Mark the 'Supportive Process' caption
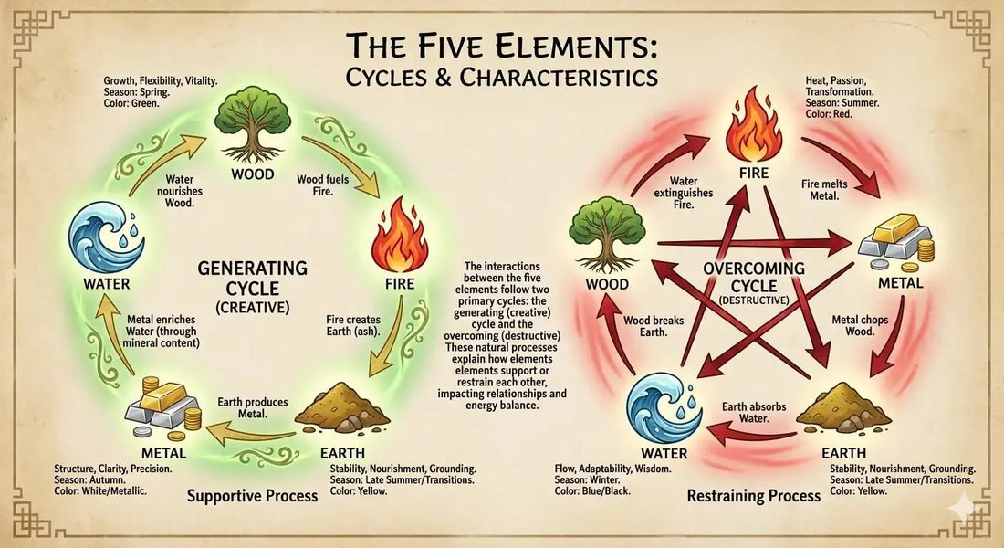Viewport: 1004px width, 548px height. (x=252, y=496)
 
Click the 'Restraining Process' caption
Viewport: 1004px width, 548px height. (x=754, y=496)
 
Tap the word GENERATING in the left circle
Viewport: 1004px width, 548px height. (x=253, y=268)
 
